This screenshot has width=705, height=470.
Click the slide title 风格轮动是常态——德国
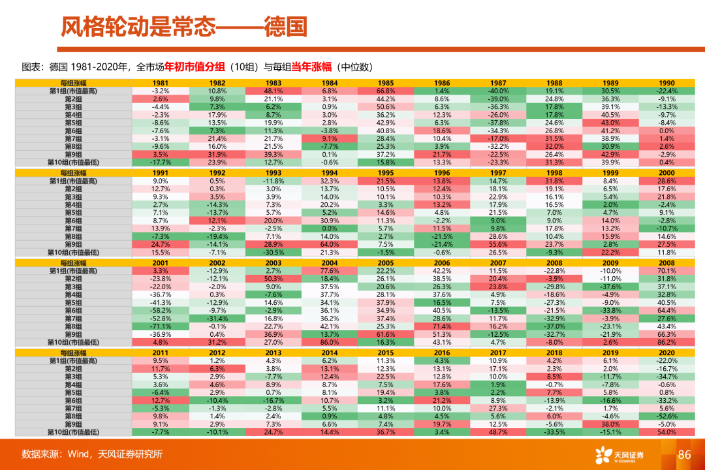[183, 27]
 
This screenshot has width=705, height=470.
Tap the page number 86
[684, 454]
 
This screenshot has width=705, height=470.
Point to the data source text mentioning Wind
[91, 454]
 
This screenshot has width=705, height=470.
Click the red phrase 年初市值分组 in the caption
[194, 66]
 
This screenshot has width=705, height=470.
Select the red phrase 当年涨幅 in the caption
[312, 66]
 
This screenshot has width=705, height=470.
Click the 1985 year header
[386, 83]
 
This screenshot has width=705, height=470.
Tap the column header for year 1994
[330, 173]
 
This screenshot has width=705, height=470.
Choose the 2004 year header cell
[330, 262]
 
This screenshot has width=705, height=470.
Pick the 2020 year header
[666, 352]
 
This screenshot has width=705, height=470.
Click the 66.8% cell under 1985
[386, 91]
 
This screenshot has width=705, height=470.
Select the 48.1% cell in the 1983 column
[274, 91]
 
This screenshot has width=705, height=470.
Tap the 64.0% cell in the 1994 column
[330, 243]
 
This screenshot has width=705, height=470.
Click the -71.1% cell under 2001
[161, 326]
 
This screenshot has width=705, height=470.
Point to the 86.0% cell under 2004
[330, 341]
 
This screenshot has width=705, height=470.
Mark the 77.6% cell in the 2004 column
[330, 270]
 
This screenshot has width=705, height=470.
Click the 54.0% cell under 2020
[666, 431]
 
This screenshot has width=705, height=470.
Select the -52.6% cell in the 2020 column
[666, 416]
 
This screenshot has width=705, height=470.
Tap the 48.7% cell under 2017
[498, 431]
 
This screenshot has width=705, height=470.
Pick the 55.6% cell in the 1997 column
[498, 243]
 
